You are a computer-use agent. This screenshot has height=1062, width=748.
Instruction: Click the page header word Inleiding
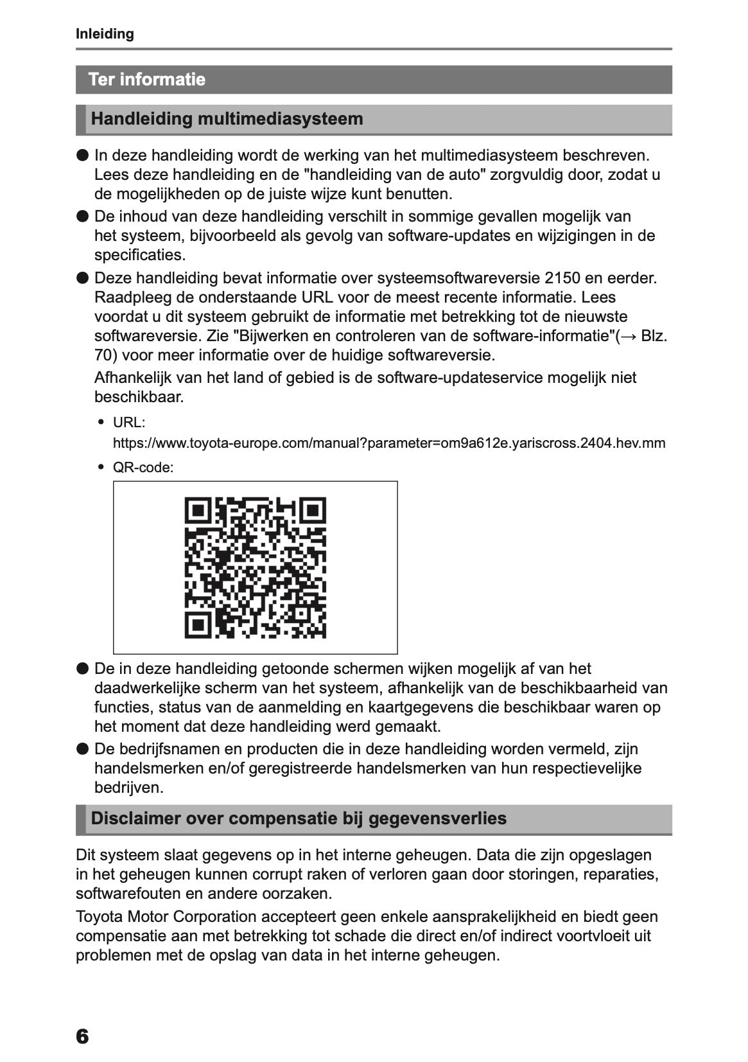point(105,34)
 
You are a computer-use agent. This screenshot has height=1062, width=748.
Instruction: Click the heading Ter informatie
point(147,80)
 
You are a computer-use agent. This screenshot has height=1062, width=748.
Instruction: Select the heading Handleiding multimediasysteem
point(227,119)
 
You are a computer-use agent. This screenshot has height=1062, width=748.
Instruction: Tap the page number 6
point(82,1036)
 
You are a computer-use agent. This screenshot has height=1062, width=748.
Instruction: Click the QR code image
point(255,567)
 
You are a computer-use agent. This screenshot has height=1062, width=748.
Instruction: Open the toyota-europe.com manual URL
point(388,443)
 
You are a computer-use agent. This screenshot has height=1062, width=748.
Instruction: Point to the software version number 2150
point(562,278)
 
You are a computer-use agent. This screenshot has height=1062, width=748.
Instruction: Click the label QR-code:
point(143,468)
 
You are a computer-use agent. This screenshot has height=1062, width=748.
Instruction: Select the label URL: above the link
point(129,423)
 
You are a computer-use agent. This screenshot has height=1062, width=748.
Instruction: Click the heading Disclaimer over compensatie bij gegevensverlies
point(299,819)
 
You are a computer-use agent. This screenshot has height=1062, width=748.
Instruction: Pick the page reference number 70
point(103,355)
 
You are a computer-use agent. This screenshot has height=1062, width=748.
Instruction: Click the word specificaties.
point(139,255)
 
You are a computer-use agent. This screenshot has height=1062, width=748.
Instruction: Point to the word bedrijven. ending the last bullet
point(128,788)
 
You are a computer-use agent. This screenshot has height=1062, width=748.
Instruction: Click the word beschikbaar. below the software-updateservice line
point(139,397)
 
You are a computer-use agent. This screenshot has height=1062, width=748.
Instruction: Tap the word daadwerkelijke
point(147,688)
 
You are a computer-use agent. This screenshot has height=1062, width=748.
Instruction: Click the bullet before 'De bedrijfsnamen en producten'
point(82,749)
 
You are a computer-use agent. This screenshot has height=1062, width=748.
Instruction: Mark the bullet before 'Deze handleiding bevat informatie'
point(82,278)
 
